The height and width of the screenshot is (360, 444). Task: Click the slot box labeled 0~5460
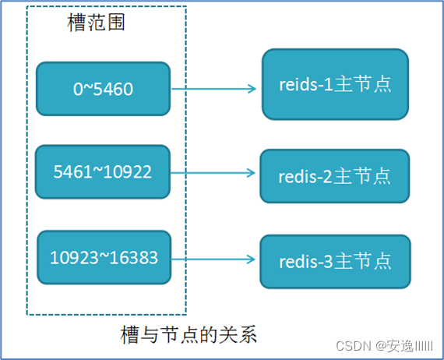[103, 89]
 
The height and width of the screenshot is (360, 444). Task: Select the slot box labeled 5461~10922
[103, 171]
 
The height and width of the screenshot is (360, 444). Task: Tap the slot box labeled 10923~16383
[103, 257]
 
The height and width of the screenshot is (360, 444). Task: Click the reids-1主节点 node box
[334, 84]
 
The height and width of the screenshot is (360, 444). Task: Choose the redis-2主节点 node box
[334, 175]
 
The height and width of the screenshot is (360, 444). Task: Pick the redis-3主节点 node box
[334, 259]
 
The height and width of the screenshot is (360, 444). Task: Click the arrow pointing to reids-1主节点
[213, 89]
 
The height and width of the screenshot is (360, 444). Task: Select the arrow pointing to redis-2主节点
[213, 173]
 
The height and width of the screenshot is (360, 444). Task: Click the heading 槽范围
[97, 23]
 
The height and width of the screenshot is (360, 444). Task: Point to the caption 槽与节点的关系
[189, 335]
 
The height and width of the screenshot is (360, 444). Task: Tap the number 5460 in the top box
[115, 90]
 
